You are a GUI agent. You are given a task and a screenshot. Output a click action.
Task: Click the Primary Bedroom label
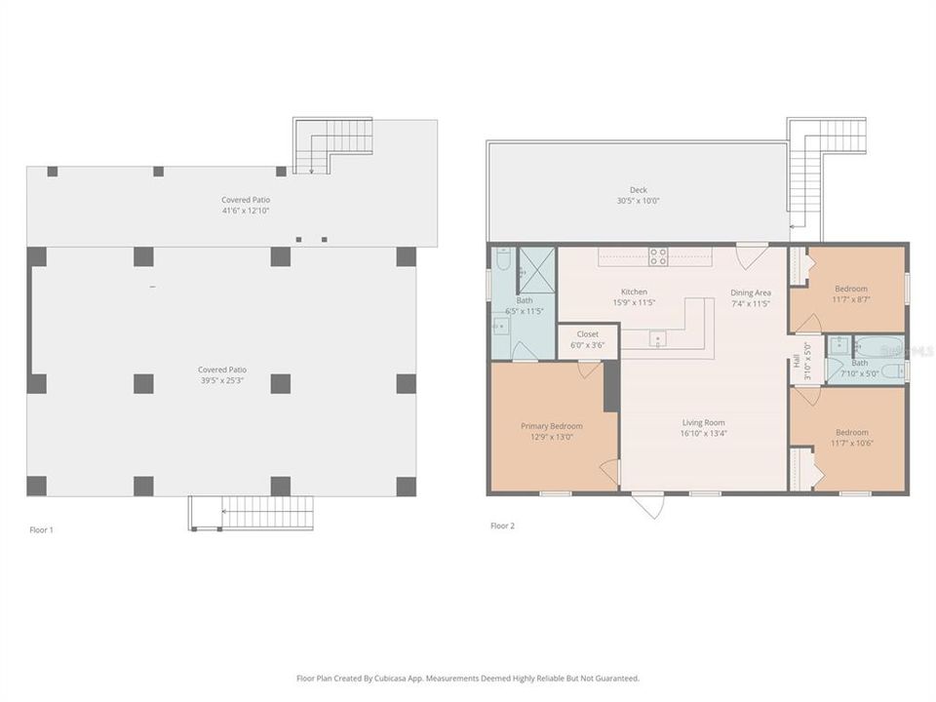pos(552,426)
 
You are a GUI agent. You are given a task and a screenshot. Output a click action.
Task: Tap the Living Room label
pos(703,422)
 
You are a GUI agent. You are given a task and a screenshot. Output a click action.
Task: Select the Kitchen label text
pos(635,292)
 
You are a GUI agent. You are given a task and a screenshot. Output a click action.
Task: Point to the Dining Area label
pos(751,292)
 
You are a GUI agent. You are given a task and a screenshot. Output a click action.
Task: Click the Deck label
pos(638,190)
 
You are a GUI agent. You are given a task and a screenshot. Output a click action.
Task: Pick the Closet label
pos(587,333)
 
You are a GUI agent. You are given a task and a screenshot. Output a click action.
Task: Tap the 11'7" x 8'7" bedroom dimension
pos(851,299)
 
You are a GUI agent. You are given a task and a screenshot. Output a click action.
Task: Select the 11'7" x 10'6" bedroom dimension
pos(851,444)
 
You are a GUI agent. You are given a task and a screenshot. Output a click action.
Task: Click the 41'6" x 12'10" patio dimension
pos(245,211)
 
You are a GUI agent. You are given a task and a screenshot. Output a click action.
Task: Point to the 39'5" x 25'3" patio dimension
pos(221,381)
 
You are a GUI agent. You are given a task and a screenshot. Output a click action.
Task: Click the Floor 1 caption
pos(41,529)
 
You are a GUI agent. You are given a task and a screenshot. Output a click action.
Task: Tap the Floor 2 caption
pos(502,526)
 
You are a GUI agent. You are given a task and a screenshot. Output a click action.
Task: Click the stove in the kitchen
pos(658,256)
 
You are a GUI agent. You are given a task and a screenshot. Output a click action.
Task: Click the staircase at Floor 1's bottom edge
pos(252,512)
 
